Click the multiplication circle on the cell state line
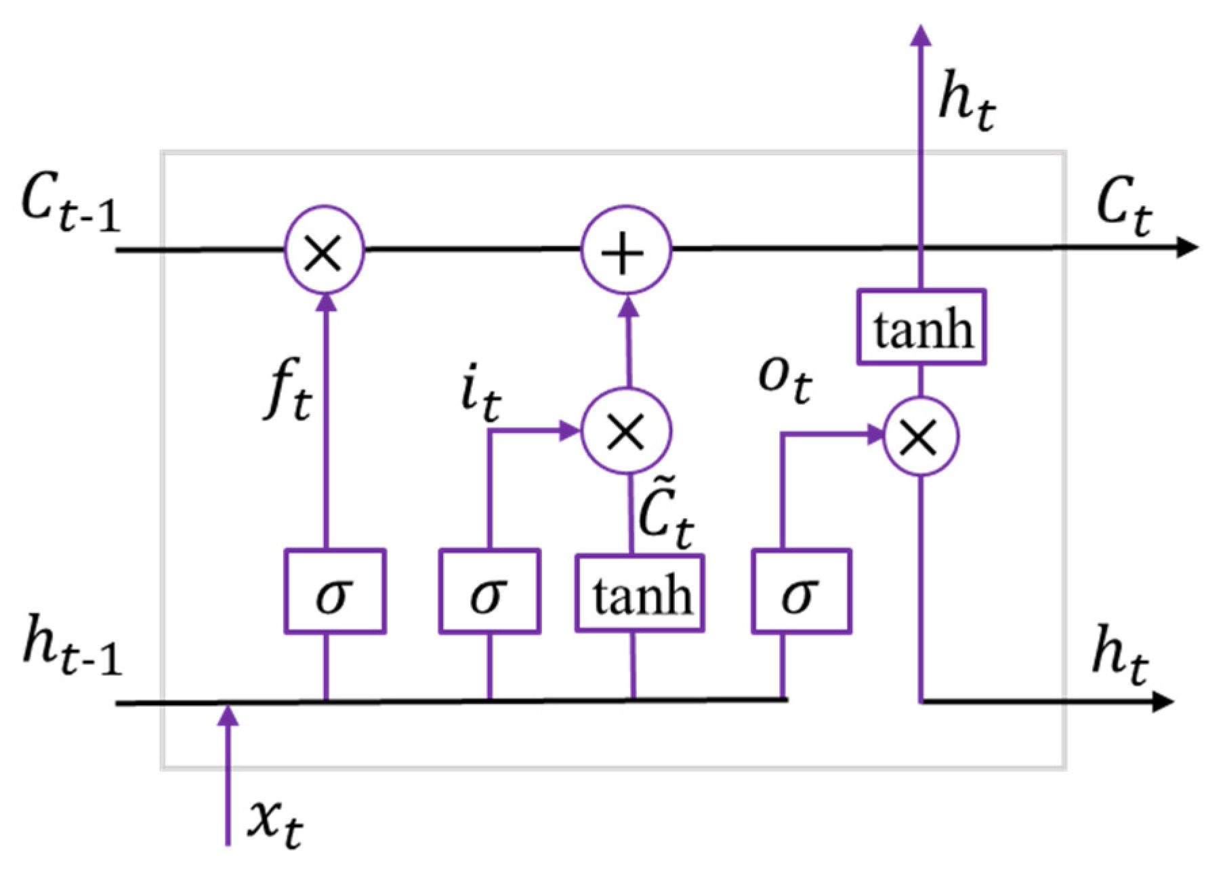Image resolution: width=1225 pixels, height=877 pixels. [x=324, y=250]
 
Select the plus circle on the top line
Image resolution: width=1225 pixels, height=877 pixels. [x=626, y=251]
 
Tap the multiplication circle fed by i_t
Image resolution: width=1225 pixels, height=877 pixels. [x=626, y=431]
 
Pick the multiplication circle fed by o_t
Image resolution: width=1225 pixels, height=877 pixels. [x=921, y=435]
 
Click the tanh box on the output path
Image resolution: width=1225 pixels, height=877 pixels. [x=921, y=328]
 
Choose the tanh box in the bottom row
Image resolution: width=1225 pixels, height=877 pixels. [x=640, y=594]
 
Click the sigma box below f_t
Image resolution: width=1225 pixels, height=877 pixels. [x=335, y=591]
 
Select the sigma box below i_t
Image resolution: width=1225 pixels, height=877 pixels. [x=489, y=591]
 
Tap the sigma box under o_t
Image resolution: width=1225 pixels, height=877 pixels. [x=801, y=591]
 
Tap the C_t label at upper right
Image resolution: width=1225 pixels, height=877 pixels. [x=1123, y=205]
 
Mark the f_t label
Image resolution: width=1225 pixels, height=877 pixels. [x=287, y=398]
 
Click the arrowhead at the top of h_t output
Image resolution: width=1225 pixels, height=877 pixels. [x=921, y=35]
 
